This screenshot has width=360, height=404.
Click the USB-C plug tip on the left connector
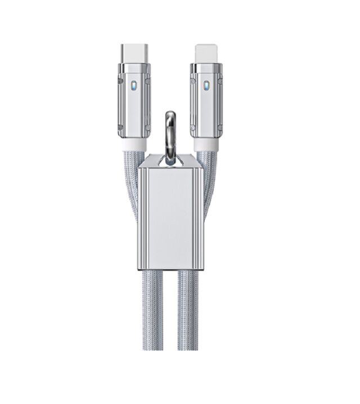click(134, 53)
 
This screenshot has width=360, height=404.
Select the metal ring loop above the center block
click(170, 135)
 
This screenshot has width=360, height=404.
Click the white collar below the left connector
click(134, 145)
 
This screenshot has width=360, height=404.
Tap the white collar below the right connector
click(206, 145)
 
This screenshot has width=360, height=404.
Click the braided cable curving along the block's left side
click(130, 186)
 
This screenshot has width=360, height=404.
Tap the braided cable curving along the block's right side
click(211, 186)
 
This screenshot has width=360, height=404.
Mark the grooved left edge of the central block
click(142, 217)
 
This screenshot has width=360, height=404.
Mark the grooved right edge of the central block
click(199, 217)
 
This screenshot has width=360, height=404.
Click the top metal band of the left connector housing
click(134, 68)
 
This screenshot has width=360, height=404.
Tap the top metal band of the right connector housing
click(206, 68)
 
